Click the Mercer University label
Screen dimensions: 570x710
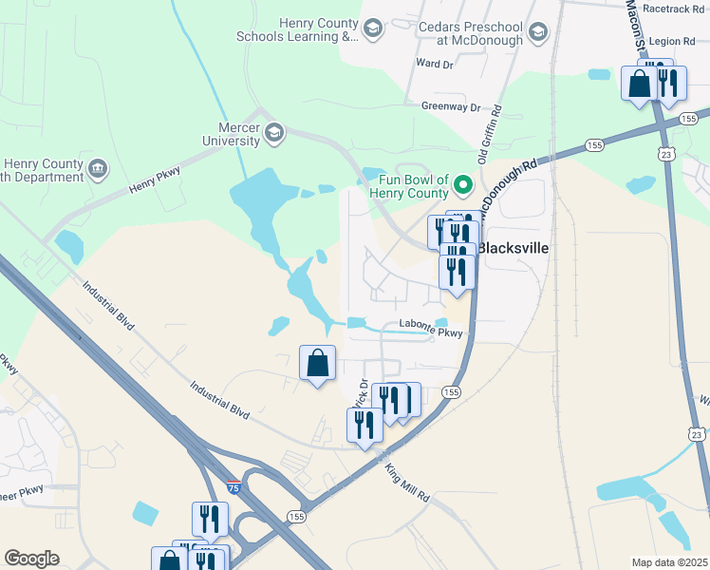point(231,133)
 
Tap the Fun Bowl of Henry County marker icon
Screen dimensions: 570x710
point(463,183)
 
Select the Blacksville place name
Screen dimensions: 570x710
point(513,248)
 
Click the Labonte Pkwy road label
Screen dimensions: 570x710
point(430,332)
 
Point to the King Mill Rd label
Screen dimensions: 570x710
point(409,484)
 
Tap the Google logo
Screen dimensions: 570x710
point(32,559)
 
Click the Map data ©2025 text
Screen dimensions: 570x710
point(670,562)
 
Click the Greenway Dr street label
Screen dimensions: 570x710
point(452,107)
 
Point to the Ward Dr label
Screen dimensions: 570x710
point(435,64)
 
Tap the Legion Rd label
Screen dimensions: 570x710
point(674,42)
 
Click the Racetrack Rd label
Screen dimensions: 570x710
point(674,8)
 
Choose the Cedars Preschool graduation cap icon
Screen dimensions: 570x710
point(539,33)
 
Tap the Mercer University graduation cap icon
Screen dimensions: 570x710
point(274,131)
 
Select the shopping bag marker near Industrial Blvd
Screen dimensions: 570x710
point(317,362)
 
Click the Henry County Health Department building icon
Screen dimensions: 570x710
point(97,169)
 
